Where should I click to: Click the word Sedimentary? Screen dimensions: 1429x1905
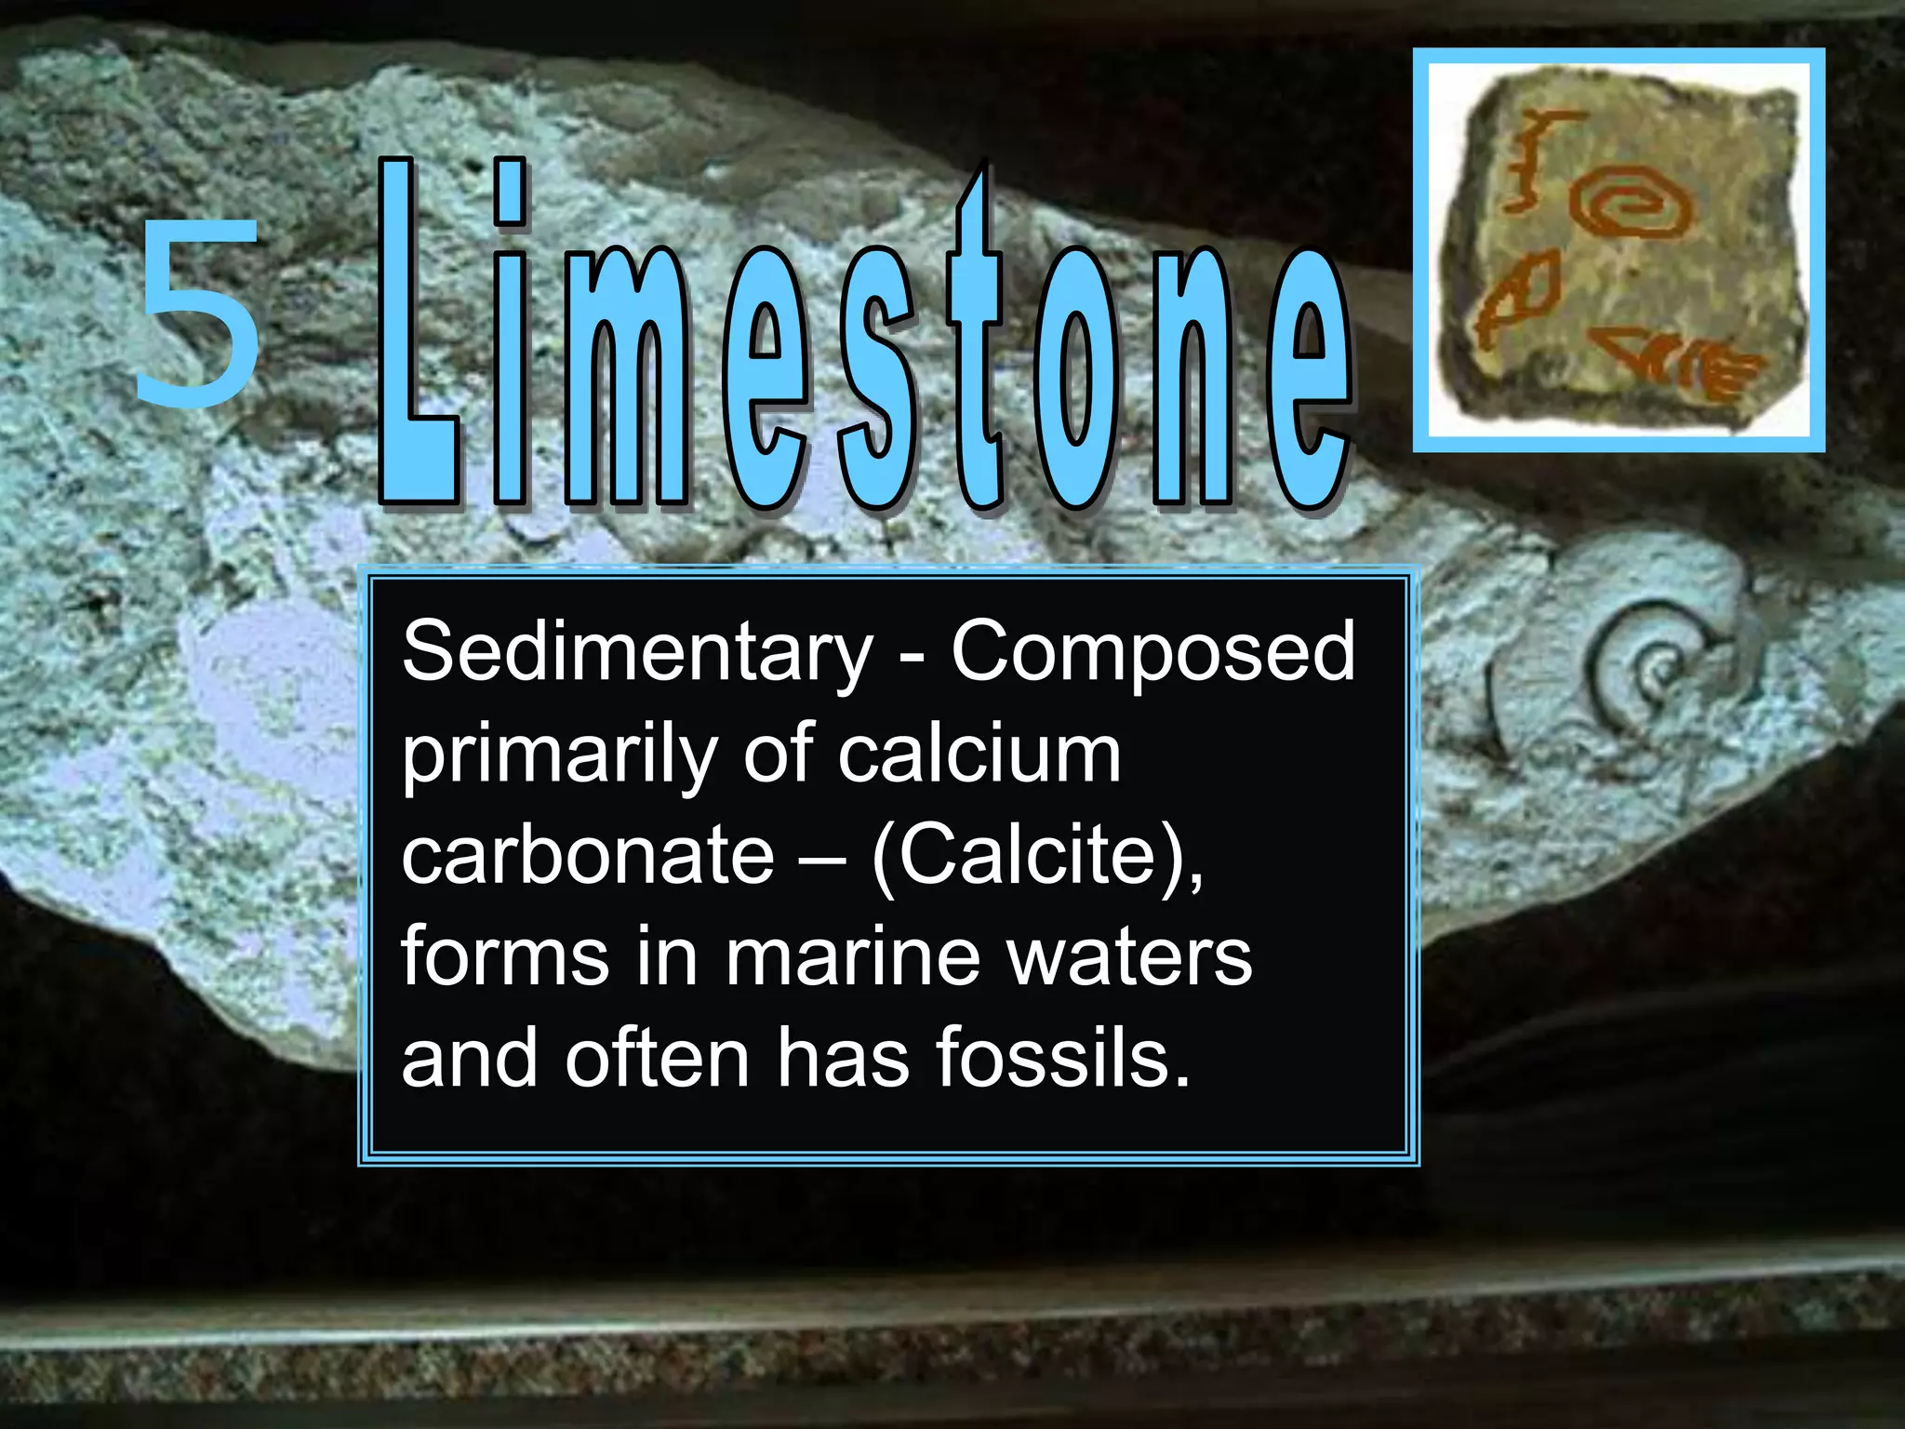pyautogui.click(x=637, y=653)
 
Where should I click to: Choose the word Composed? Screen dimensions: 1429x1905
pyautogui.click(x=1152, y=653)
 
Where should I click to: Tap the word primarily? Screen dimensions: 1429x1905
pyautogui.click(x=558, y=755)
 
